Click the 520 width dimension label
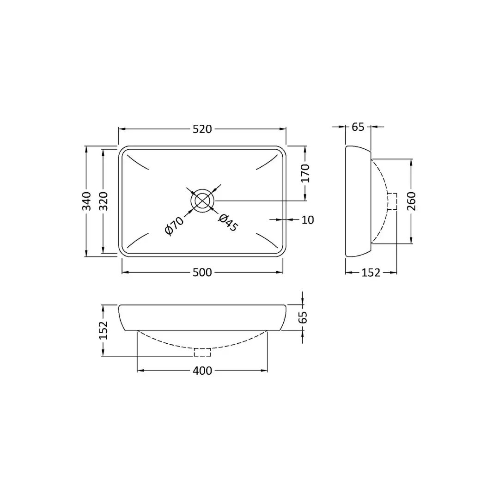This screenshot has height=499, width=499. pos(202,129)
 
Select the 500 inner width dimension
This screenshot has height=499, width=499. pos(202,273)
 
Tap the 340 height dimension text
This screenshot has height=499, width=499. pos(86,201)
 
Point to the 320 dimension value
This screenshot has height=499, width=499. pos(103,201)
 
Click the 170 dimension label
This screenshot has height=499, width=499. pos(305,173)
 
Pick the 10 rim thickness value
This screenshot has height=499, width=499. pos(307,220)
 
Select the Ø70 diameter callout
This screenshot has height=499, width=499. pos(174,225)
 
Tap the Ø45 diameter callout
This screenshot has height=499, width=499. pos(228,222)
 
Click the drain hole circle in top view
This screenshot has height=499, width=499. pos(202,189)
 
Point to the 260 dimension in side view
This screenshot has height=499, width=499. pos(412,201)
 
